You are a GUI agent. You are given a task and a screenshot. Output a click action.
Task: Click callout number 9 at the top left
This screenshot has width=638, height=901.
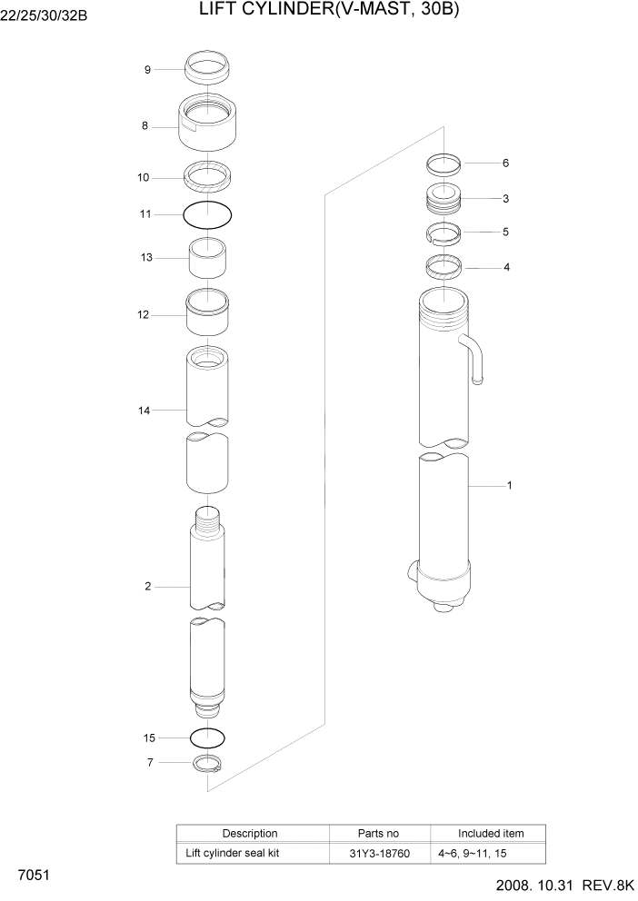(147, 70)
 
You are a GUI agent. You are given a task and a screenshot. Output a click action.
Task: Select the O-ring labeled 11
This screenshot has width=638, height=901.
(207, 214)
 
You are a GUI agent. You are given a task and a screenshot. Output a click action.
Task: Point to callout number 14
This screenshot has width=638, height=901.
(144, 411)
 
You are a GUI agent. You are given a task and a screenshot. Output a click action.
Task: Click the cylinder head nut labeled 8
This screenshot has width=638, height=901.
(207, 124)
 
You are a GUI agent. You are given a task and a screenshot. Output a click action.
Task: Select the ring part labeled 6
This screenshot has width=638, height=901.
(444, 164)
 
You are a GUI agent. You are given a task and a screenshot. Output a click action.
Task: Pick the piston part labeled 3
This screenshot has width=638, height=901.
(444, 198)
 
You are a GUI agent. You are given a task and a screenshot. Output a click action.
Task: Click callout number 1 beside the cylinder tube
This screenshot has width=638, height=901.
(509, 486)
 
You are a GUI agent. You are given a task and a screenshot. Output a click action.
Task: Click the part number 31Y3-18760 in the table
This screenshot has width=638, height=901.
(379, 854)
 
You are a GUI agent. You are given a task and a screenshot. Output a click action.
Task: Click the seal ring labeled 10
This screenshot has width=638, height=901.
(207, 176)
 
